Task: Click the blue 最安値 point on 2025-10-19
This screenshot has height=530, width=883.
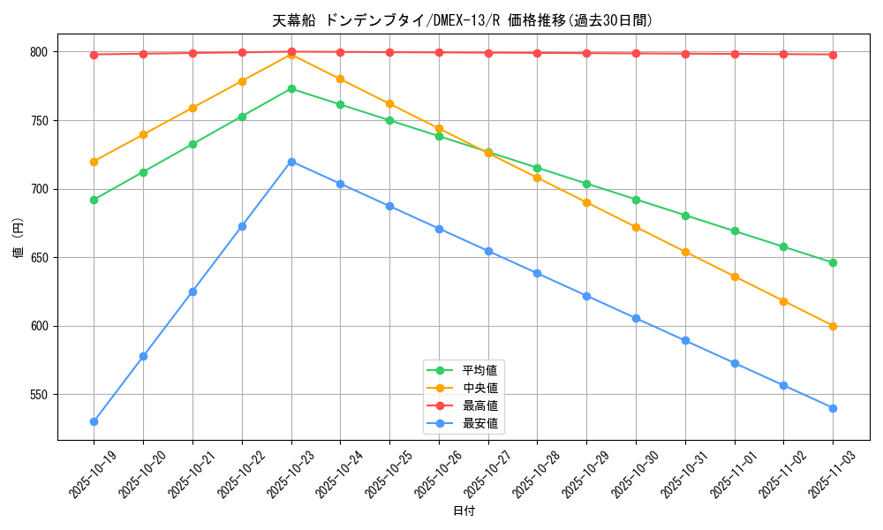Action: pos(94,421)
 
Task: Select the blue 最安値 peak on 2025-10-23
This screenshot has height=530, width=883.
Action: pos(291,162)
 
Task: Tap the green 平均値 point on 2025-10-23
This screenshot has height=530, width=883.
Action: pos(291,88)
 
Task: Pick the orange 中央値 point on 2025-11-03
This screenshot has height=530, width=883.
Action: pos(833,326)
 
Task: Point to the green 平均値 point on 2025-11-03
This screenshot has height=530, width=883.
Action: pos(833,262)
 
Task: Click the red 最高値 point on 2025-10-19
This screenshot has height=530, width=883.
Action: pos(94,55)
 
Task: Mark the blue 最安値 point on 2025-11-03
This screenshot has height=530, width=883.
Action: pos(833,408)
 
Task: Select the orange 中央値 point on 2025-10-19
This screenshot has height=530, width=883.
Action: pos(94,162)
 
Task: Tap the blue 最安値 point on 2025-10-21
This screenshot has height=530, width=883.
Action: pos(192,291)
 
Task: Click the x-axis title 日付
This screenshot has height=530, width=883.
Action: pos(464,511)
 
